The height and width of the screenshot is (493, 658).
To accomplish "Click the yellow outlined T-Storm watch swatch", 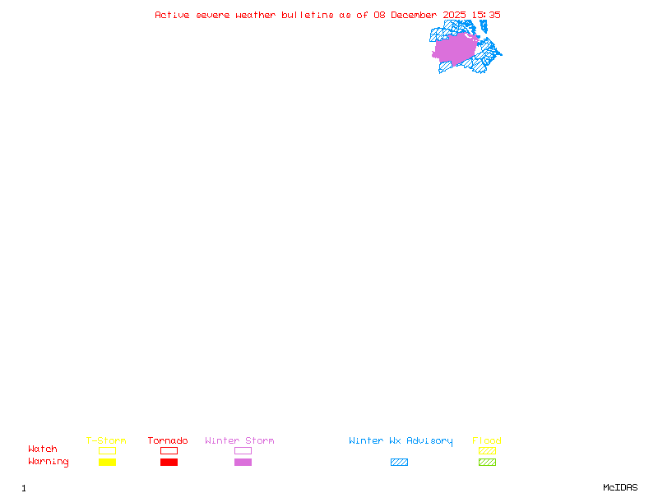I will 107,450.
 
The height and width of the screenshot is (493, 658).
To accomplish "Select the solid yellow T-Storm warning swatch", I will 107,462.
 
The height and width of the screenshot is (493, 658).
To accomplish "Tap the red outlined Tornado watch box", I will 169,450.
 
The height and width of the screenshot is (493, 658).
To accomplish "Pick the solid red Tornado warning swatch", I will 169,462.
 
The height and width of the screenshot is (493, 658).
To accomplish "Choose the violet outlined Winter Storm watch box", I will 243,450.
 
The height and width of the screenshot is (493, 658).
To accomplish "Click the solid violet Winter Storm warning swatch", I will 243,462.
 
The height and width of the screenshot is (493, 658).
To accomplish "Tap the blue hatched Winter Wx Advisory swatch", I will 399,462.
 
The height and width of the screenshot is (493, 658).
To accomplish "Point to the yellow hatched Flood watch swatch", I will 487,450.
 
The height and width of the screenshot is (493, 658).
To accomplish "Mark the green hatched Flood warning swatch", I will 487,462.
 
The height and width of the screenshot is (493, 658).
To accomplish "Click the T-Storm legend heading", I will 106,440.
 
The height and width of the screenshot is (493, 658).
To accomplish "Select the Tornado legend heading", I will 168,440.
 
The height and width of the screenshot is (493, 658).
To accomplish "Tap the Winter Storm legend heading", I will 239,440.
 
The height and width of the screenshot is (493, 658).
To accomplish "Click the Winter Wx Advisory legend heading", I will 401,440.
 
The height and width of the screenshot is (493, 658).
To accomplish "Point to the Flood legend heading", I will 487,440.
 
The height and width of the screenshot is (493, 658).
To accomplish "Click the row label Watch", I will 43,449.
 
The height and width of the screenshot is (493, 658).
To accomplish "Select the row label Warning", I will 49,462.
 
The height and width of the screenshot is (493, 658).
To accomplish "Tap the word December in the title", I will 417,15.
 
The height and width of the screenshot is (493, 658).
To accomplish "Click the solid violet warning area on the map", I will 455,48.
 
